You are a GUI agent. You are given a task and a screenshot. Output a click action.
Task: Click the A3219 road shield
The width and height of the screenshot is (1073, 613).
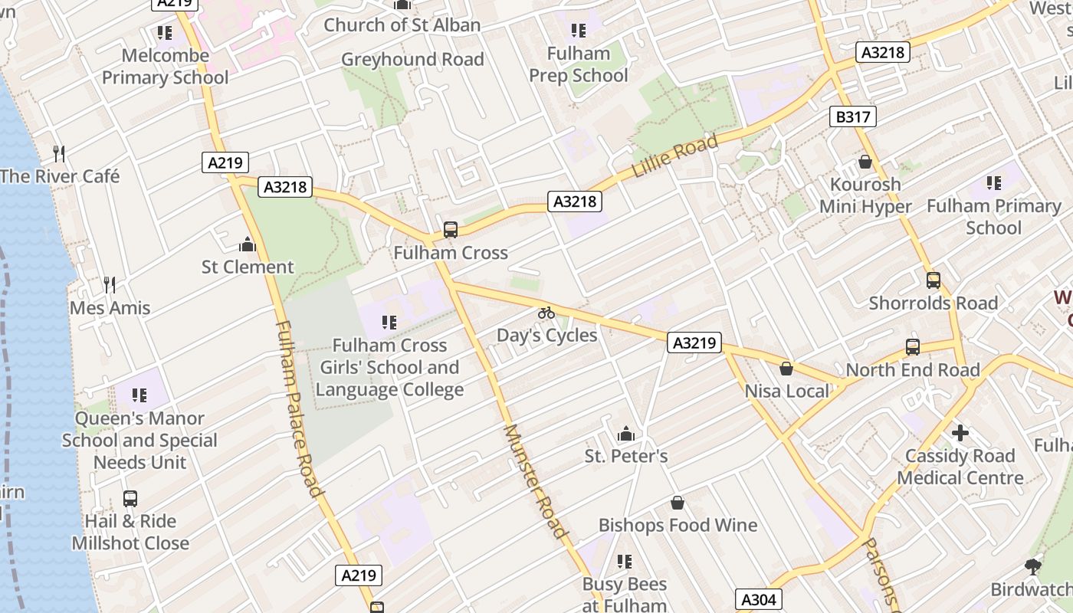click(694, 343)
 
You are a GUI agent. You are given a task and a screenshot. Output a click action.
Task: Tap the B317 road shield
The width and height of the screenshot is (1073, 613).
click(852, 116)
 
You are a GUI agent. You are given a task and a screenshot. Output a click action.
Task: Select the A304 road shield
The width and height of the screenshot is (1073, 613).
click(759, 599)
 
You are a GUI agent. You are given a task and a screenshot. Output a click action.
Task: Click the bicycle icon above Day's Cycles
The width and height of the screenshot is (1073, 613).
click(546, 313)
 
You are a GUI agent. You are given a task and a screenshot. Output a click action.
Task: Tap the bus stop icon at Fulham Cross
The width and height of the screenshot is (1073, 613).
click(451, 229)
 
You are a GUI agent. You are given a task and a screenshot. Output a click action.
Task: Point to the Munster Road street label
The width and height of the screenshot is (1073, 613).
click(536, 480)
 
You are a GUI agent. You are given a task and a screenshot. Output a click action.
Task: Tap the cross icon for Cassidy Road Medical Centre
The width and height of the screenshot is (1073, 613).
click(960, 433)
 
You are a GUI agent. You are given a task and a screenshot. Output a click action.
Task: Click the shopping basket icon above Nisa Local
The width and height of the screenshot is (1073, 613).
click(786, 369)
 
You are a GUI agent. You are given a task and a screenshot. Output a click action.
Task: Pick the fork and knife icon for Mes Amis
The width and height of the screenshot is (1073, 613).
click(110, 285)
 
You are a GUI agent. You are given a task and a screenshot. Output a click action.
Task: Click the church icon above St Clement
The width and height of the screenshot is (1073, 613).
click(247, 244)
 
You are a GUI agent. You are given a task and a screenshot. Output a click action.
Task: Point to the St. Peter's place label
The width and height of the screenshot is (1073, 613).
click(626, 457)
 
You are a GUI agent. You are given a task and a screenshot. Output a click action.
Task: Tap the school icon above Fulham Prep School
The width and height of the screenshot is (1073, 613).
click(579, 31)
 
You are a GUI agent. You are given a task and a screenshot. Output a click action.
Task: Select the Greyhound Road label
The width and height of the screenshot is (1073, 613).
click(412, 60)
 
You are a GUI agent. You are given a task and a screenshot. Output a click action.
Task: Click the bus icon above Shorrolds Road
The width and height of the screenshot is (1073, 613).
click(933, 280)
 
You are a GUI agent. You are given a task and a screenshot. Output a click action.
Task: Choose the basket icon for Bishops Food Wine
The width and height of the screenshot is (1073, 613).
click(678, 503)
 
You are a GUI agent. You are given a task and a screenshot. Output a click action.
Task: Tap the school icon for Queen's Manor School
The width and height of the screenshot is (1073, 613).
click(139, 395)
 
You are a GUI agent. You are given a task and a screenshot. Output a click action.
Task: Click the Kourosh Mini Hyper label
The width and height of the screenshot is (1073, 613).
click(865, 195)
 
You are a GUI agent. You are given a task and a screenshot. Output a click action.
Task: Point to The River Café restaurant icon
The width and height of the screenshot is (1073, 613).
click(59, 153)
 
